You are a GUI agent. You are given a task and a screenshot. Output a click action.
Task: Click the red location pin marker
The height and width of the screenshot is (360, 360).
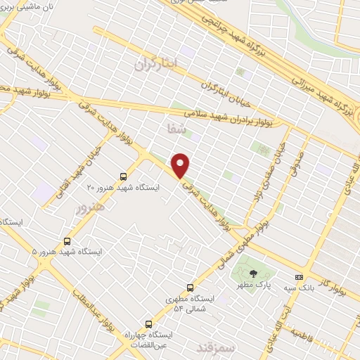tap(181, 165)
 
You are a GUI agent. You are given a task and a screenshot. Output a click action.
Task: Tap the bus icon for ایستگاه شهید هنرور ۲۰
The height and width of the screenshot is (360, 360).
tap(124, 176)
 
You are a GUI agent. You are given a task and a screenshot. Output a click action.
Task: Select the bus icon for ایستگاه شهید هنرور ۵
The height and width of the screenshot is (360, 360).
tap(67, 240)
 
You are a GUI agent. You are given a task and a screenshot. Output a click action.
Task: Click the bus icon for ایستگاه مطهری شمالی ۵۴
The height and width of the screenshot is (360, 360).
tap(190, 287)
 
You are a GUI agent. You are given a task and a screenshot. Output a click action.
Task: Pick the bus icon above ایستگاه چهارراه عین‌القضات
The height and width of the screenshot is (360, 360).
tap(148, 323)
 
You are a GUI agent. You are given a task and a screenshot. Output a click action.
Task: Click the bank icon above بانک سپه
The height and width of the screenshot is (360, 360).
tap(299, 276)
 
